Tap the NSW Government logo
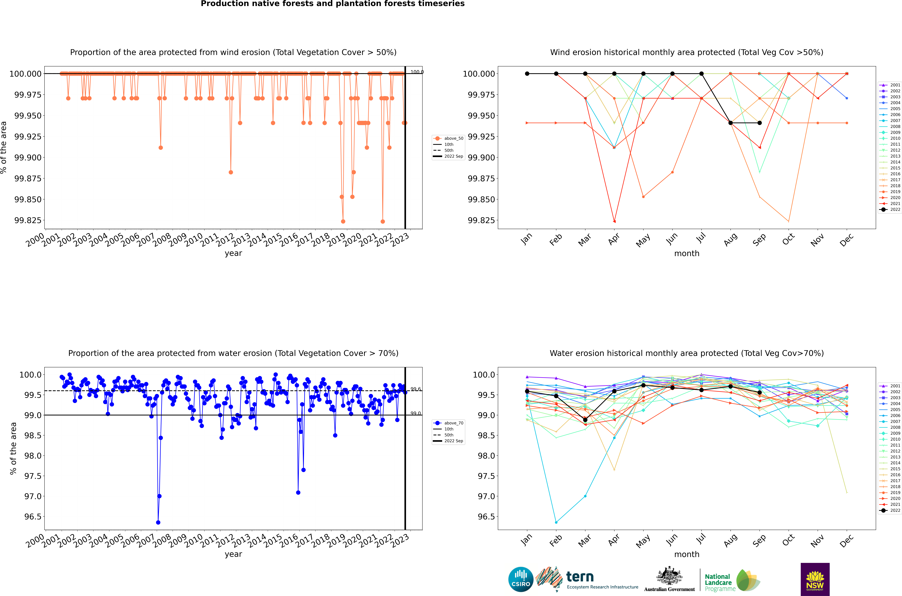click(x=815, y=579)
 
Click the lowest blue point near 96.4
click(x=158, y=522)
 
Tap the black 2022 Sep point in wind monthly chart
click(x=759, y=123)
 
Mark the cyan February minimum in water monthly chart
click(x=556, y=522)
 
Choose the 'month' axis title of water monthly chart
click(x=686, y=554)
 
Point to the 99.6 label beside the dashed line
click(x=415, y=389)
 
